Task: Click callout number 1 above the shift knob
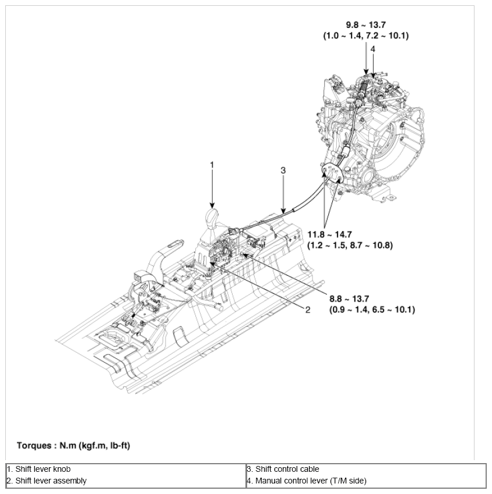pyautogui.click(x=212, y=165)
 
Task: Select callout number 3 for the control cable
pyautogui.click(x=283, y=170)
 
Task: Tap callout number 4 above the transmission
pyautogui.click(x=372, y=49)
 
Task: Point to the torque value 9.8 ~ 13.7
pyautogui.click(x=366, y=25)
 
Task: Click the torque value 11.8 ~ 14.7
pyautogui.click(x=330, y=234)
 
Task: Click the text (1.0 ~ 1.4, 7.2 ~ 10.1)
pyautogui.click(x=366, y=36)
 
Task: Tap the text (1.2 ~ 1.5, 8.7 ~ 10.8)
pyautogui.click(x=350, y=245)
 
